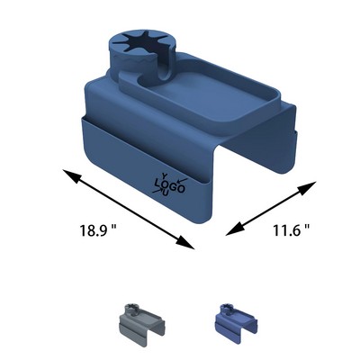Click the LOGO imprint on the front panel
170,185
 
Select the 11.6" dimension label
291,229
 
